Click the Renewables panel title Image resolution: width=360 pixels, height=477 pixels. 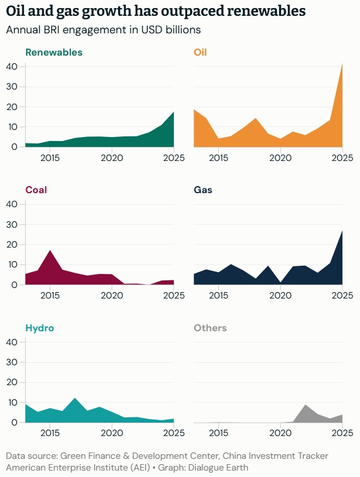pos(54,53)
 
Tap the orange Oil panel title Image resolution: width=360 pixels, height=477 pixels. pos(200,53)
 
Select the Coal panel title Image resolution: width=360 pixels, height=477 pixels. pos(36,190)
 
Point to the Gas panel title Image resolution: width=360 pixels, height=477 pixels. pos(203,190)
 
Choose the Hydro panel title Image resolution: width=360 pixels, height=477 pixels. pos(40,328)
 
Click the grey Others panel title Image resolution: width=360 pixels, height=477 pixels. pos(210,328)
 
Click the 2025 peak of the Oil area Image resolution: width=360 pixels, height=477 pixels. pos(342,64)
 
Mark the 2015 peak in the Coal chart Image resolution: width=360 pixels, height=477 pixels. pos(50,250)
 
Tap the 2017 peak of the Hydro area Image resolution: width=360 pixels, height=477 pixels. pos(75,398)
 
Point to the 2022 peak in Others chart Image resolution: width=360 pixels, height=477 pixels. pos(306,405)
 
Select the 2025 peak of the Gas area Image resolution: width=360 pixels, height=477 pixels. pos(342,231)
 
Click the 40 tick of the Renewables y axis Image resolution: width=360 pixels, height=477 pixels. pos(12,67)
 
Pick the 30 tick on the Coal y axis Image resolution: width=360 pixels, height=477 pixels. pos(12,224)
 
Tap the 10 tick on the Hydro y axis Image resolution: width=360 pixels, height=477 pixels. pos(12,402)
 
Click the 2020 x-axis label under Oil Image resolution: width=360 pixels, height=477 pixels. pos(280,158)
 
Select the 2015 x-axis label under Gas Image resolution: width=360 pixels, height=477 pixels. pos(218,296)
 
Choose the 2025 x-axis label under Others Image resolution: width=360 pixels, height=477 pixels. pos(342,433)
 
